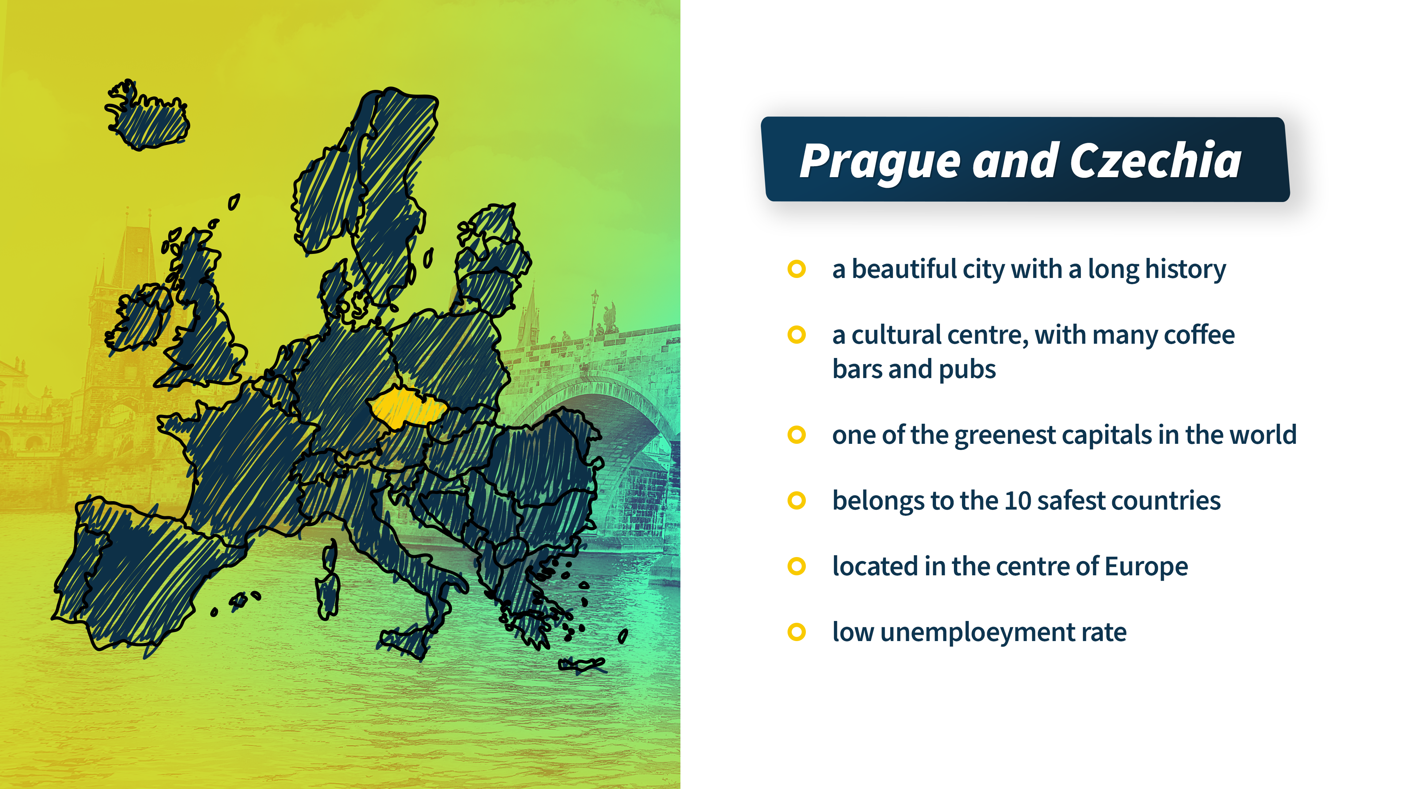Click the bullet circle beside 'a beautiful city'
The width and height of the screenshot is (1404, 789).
(x=796, y=269)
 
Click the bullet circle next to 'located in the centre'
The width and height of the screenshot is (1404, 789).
(x=796, y=566)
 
